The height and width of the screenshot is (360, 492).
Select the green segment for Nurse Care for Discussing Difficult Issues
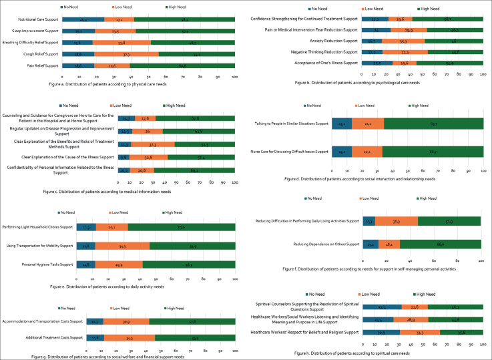(433, 152)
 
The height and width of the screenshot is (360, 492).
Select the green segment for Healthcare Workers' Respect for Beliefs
(461, 333)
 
